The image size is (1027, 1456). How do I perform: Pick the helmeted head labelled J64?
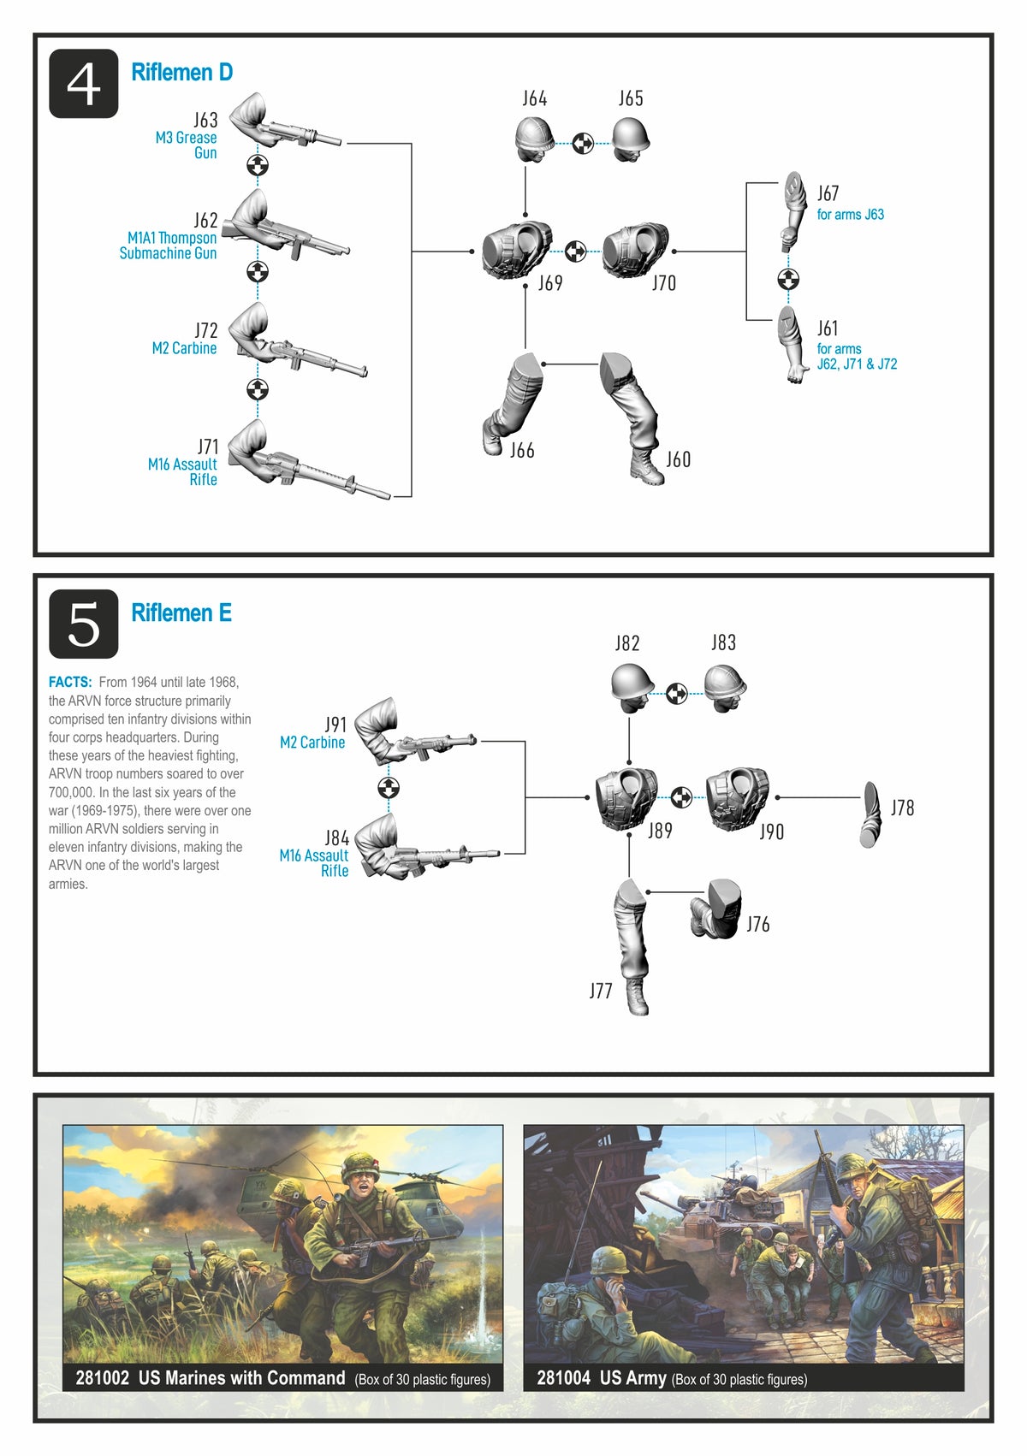[534, 139]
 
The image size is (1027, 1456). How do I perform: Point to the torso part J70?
[635, 250]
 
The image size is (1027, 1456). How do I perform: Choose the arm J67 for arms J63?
[794, 211]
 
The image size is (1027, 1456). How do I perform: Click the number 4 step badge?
[83, 84]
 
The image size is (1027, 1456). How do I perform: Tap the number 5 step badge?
[83, 624]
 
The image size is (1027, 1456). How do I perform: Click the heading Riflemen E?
[181, 613]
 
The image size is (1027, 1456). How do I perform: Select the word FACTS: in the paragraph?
[70, 682]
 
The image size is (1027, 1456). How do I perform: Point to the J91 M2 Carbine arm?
[413, 732]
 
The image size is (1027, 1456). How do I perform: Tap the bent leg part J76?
[715, 908]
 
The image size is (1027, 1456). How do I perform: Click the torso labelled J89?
[626, 798]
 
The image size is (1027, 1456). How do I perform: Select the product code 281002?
[102, 1377]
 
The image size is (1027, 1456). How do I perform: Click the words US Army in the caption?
[632, 1378]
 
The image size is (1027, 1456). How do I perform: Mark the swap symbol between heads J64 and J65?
[583, 143]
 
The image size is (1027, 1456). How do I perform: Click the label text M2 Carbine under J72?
[184, 348]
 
